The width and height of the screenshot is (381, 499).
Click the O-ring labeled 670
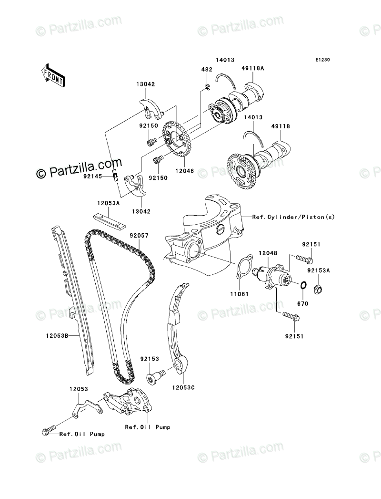[303, 285]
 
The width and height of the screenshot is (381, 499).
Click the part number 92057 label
[139, 236]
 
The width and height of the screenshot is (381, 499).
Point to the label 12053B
[57, 335]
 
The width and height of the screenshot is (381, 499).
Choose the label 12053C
[183, 388]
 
